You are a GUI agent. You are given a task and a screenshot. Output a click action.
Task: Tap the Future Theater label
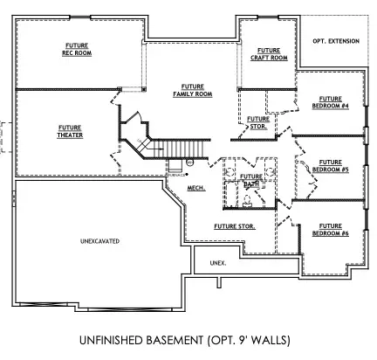[70, 131]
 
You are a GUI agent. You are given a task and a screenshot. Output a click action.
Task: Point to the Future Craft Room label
[269, 54]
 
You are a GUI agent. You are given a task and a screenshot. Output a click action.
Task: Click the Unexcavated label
[99, 239]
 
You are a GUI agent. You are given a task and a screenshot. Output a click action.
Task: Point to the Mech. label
[195, 187]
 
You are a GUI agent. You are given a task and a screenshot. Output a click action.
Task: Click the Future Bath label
[250, 179]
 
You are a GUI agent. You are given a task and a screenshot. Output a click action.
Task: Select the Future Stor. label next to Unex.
[234, 226]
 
